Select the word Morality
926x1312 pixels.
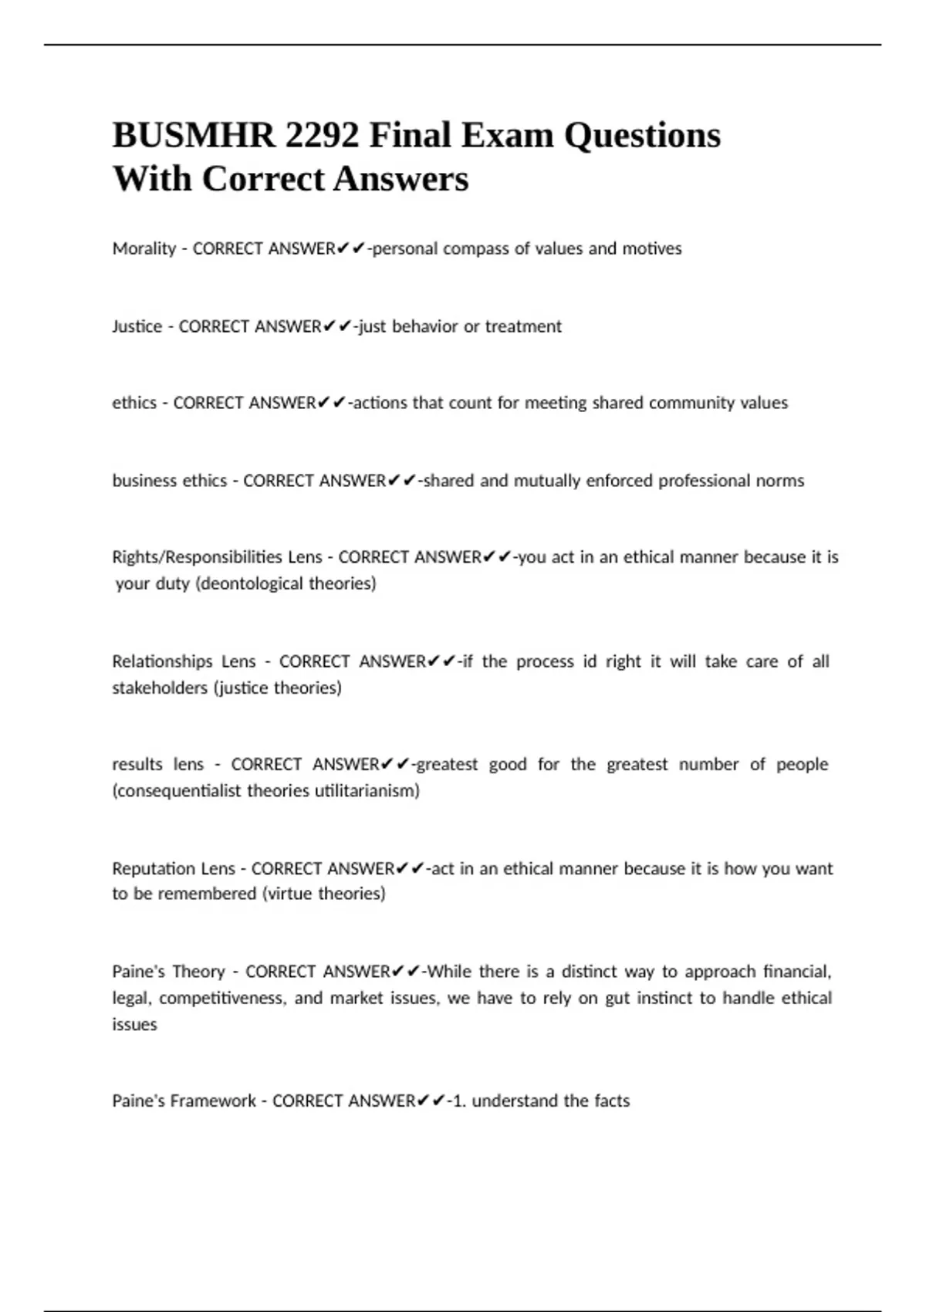144,249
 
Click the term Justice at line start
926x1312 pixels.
137,326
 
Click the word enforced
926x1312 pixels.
619,481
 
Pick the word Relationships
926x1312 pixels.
162,661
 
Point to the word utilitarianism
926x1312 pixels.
367,791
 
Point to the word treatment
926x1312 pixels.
523,326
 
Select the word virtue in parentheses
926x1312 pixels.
290,894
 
